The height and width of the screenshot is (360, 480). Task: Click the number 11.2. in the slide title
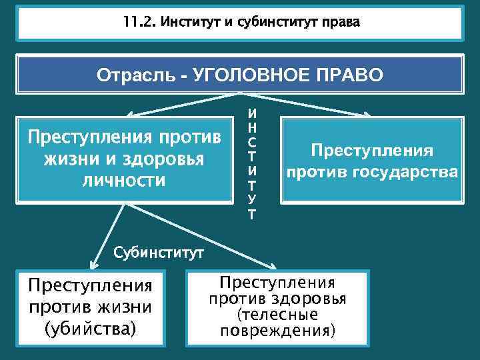[x=137, y=23]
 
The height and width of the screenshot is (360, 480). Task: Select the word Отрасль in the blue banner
[x=135, y=75]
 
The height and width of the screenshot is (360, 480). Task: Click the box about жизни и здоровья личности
[x=124, y=159]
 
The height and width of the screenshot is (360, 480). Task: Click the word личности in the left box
[x=124, y=180]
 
